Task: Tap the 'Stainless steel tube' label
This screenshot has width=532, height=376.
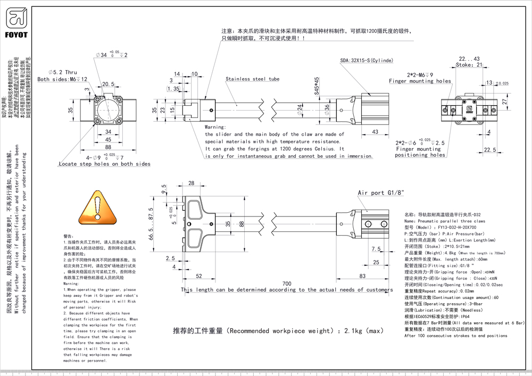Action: click(252, 79)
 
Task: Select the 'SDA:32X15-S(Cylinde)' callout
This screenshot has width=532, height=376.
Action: click(367, 61)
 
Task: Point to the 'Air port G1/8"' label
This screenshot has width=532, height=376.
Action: click(381, 193)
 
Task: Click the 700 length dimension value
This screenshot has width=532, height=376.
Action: click(287, 284)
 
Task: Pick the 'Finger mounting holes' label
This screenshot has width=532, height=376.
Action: click(420, 81)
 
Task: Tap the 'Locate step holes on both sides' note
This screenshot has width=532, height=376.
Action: click(104, 164)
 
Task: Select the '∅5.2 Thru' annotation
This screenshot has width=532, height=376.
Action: click(63, 72)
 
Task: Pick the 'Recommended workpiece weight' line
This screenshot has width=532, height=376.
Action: click(278, 331)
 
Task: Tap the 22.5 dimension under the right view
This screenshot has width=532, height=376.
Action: click(490, 151)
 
